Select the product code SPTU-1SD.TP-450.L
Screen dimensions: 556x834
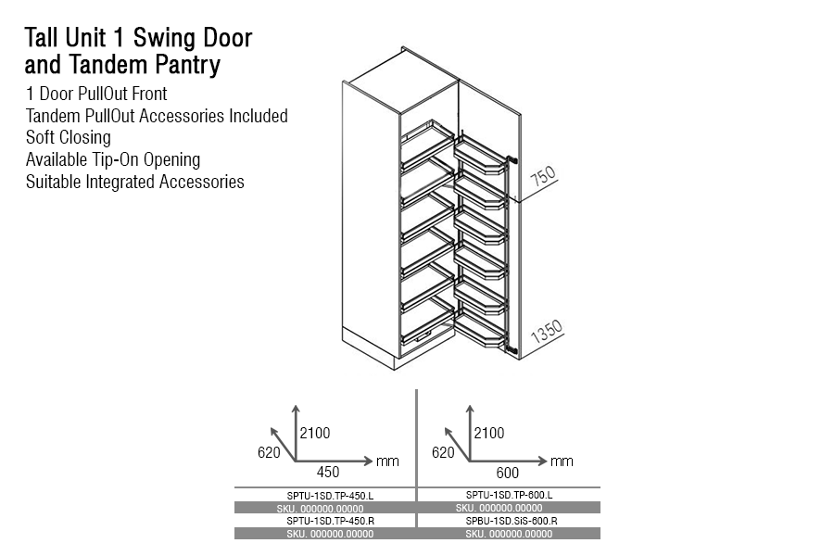(324, 496)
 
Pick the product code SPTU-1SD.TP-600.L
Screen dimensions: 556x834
(509, 495)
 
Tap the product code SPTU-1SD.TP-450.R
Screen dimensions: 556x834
(324, 521)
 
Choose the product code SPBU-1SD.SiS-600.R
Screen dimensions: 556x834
(509, 521)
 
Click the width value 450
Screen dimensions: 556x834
(327, 471)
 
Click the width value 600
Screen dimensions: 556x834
(507, 471)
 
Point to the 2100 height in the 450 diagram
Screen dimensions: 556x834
(315, 433)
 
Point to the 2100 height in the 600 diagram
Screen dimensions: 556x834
(490, 433)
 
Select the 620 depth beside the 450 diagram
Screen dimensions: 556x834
(269, 452)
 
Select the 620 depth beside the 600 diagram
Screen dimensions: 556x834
(444, 452)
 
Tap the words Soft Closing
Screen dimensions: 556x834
(69, 138)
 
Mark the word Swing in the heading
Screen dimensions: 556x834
(170, 39)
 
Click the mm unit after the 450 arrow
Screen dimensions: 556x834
(386, 461)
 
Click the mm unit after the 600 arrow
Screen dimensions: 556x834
(562, 461)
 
